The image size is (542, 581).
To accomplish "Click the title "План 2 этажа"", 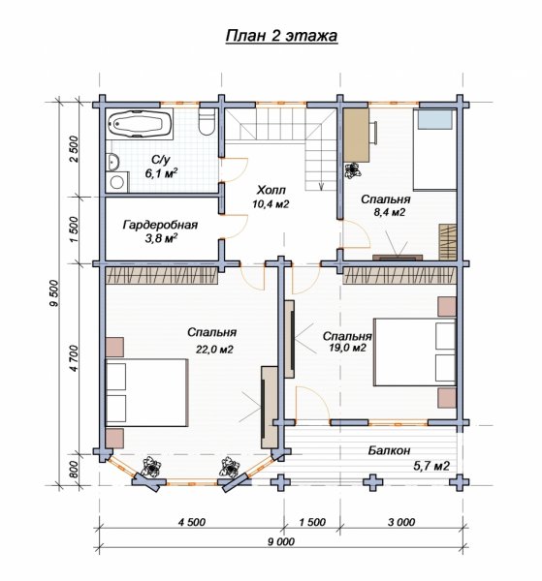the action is pos(281,36).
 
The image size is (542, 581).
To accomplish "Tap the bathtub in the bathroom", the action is pos(140,123).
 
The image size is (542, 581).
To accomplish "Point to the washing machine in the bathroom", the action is pos(117,182).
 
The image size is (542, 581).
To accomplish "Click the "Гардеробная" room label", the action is pos(160,226).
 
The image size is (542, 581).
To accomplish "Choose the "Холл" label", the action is pos(271,190).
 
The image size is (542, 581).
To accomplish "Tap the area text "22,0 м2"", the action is pos(214,349).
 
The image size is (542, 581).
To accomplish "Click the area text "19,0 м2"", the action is pos(347,348).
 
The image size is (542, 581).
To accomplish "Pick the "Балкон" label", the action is pos(389,450).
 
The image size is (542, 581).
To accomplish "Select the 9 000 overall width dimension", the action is pos(281,541).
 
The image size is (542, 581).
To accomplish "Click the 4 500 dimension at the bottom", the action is pos(192,522).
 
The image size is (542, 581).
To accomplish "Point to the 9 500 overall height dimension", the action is pos(54,292).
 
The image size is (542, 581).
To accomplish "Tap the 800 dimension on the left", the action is pos(74,470).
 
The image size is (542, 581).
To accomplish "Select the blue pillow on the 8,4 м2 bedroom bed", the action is pos(435,119).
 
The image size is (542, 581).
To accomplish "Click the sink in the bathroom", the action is pos(112,162).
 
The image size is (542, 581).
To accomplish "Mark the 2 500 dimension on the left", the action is pos(75,149).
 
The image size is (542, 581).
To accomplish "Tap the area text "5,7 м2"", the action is pos(431,466).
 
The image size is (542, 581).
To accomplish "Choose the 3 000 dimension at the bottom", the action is pos(401,522).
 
